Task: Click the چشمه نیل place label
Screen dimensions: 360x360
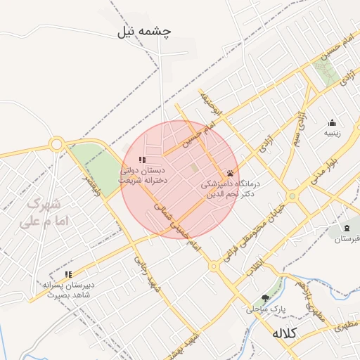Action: (x=147, y=32)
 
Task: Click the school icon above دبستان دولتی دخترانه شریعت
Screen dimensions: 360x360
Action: (x=143, y=160)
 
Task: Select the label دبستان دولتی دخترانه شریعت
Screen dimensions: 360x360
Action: (x=144, y=175)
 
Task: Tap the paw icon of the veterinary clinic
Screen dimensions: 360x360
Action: (x=230, y=173)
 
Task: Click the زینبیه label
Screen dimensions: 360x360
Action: (x=332, y=133)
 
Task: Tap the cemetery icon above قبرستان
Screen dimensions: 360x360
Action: (x=347, y=228)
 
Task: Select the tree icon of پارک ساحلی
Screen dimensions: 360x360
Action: (x=265, y=298)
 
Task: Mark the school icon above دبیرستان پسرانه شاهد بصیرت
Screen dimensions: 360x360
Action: (x=68, y=274)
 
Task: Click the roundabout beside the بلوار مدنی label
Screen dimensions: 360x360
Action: (x=291, y=196)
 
